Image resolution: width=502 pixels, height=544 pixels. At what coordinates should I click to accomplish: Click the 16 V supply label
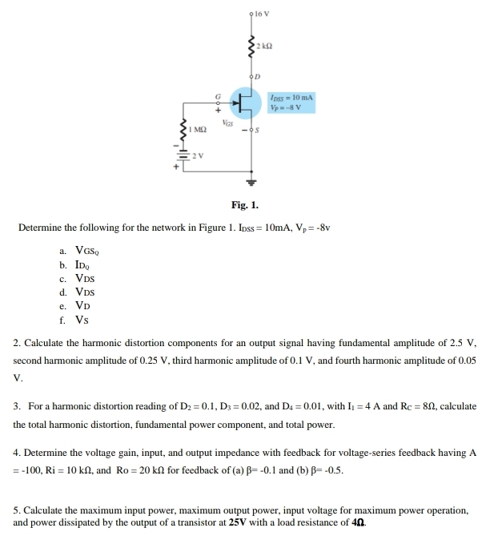coord(263,14)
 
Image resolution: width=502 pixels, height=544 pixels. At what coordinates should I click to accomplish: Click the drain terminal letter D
coord(259,76)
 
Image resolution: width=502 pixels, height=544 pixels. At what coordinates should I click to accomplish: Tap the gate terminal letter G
coord(215,95)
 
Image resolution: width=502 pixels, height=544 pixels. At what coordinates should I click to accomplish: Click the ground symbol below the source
coord(253,180)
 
